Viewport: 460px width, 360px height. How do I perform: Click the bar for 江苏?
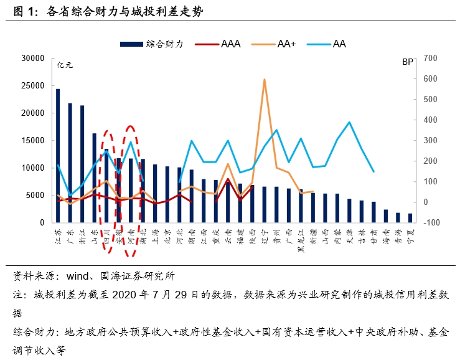coord(58,156)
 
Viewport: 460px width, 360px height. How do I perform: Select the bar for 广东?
coord(70,163)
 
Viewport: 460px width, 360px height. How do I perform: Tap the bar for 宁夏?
coord(410,218)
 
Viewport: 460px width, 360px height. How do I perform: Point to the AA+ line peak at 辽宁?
coord(265,80)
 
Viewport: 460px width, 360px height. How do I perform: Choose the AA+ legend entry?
coord(278,44)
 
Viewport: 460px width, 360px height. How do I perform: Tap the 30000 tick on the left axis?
coord(32,59)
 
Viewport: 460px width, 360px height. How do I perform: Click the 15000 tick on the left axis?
coord(32,141)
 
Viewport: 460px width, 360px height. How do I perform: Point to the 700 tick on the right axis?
coord(431,59)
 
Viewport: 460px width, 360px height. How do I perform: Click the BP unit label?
coord(408,62)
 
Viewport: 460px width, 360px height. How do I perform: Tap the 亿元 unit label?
coord(65,64)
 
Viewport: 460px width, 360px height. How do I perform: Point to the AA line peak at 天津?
coord(349,122)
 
